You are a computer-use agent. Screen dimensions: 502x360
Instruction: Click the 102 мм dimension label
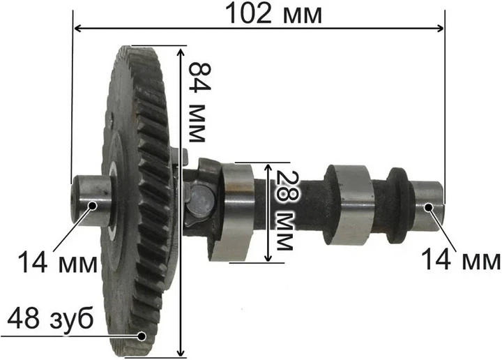coord(274,14)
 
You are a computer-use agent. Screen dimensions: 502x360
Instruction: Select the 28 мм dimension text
coord(284,210)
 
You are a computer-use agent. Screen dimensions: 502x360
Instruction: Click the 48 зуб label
coord(50,318)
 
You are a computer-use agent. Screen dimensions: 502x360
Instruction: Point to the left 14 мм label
coord(58,262)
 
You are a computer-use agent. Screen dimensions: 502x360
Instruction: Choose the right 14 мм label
coord(460,260)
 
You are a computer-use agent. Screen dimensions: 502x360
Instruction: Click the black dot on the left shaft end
coord(93,206)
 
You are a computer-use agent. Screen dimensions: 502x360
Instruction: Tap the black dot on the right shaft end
coord(428,207)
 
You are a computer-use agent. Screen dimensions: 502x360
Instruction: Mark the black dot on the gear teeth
coord(142,336)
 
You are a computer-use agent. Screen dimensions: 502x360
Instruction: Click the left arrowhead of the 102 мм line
coord(77,29)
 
